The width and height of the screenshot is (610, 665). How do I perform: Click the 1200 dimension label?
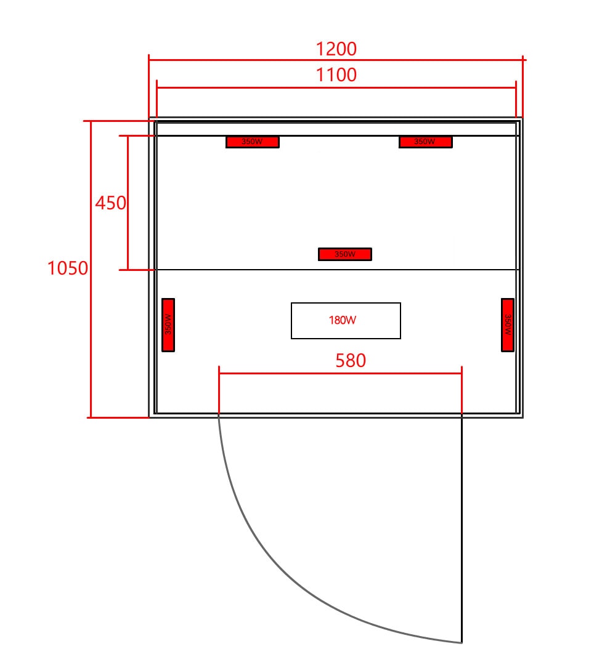coord(336,49)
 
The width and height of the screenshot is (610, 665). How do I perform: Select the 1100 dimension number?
coord(336,75)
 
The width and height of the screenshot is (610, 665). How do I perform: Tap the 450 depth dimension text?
coord(110,203)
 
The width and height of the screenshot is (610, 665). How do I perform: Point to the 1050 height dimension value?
coord(68,268)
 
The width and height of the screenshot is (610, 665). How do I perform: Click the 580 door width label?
coord(351,360)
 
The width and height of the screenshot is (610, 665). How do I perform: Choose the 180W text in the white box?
coord(343,320)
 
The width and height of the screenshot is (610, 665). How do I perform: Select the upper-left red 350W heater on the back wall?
coord(253,142)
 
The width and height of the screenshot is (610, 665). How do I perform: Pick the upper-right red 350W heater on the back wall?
coord(425,142)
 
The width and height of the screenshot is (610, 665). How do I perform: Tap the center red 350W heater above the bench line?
coord(345,254)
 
